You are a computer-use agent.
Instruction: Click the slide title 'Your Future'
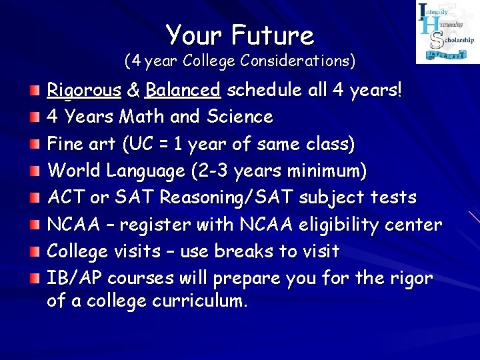click(240, 34)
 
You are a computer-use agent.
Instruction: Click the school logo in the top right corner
click(447, 33)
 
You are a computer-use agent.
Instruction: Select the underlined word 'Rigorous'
click(84, 90)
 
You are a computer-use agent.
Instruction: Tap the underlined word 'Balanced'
click(183, 90)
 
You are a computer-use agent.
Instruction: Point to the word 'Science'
click(239, 117)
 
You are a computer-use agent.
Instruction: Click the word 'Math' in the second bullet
click(143, 117)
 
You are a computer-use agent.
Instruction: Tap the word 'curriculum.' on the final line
click(200, 301)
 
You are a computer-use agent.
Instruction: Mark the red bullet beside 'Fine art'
click(33, 143)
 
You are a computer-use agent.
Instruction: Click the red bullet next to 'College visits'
click(33, 251)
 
